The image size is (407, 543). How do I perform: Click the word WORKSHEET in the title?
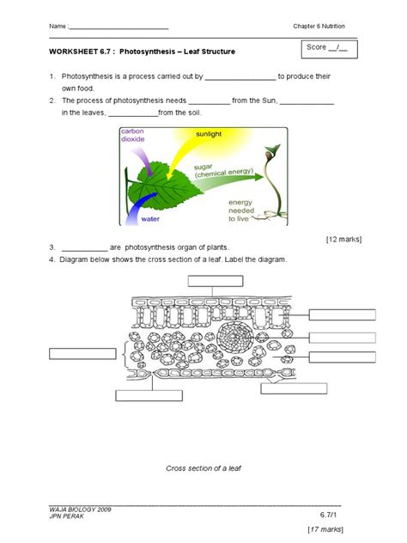pos(73,52)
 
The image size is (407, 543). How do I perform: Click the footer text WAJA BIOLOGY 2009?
pos(82,509)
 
